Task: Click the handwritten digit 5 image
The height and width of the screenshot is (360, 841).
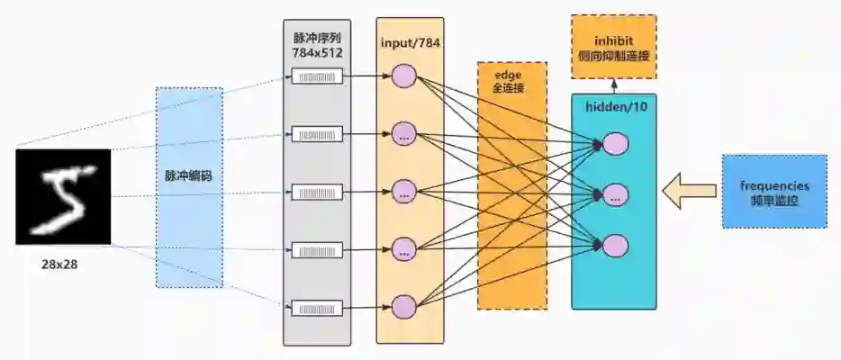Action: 63,196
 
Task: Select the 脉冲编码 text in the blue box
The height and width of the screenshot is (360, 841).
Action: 188,176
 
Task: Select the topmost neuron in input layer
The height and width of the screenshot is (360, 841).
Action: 403,76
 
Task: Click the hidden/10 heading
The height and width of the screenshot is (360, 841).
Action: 613,105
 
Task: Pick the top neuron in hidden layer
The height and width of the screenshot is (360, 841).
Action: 616,142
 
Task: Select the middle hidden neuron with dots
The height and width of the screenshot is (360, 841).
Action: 616,193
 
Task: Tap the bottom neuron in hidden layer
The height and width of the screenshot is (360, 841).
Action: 616,244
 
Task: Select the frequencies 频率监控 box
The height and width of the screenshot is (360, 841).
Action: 774,191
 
